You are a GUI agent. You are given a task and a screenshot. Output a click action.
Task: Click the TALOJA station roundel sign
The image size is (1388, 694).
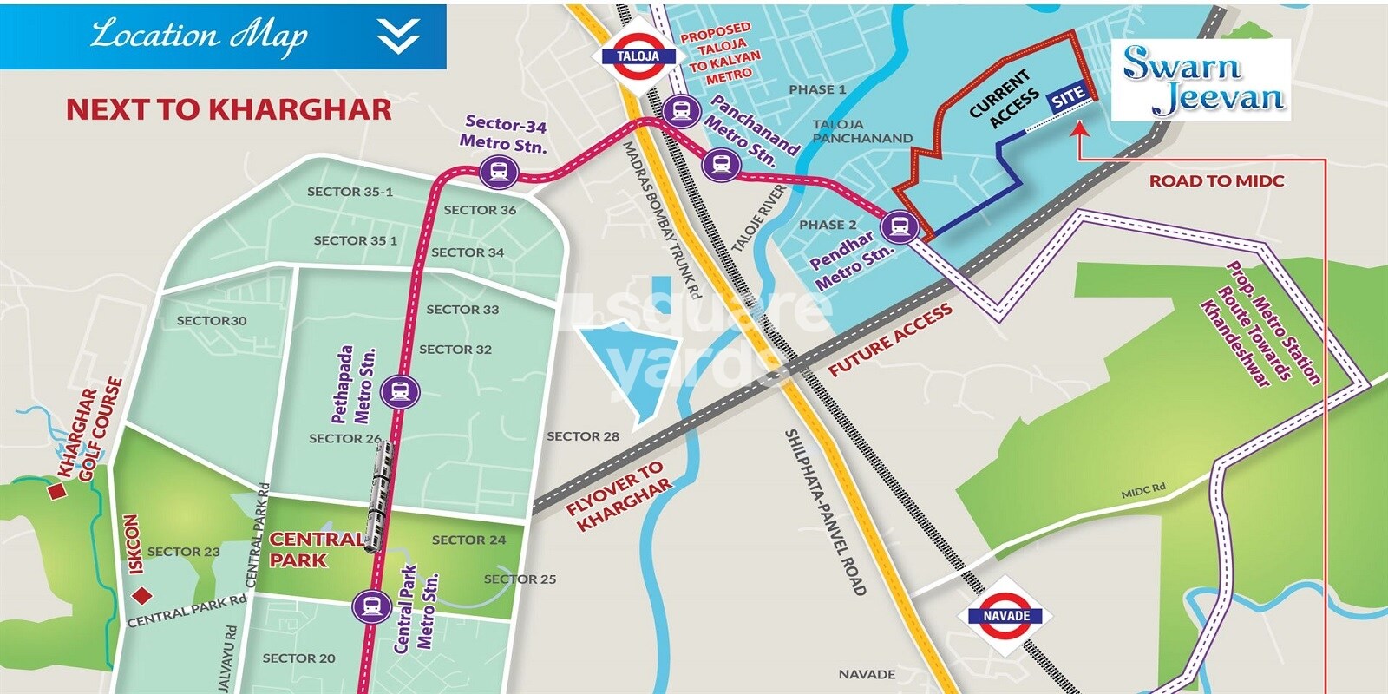tap(638, 56)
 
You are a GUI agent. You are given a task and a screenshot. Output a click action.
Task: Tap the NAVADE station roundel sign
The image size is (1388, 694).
tap(1006, 616)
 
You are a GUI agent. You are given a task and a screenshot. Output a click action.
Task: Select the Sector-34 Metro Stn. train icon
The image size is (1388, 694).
tap(499, 171)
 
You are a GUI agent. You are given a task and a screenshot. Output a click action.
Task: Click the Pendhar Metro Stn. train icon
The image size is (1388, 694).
tap(900, 227)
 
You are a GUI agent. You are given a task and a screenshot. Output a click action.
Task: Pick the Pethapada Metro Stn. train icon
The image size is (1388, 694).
tap(400, 392)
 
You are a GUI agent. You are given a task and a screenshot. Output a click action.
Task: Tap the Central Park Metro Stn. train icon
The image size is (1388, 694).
tap(372, 606)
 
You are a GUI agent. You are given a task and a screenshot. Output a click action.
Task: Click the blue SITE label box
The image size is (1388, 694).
tap(1067, 96)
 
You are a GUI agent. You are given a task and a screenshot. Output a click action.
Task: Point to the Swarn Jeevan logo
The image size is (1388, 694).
tap(1202, 80)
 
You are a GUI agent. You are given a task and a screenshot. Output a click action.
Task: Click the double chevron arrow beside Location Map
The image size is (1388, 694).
tap(398, 36)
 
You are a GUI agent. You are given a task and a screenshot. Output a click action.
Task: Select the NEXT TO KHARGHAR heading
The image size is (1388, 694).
tap(229, 110)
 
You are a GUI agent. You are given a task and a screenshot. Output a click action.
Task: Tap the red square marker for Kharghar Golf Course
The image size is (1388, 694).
tap(57, 492)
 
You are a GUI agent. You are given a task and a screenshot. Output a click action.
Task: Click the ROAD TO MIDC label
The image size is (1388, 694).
tap(1216, 181)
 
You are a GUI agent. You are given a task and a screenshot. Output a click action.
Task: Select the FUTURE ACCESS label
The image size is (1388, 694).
tap(890, 340)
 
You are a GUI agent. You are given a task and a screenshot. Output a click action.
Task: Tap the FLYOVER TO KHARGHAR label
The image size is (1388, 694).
tap(619, 496)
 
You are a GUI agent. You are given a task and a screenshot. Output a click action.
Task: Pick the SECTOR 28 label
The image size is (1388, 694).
tap(583, 436)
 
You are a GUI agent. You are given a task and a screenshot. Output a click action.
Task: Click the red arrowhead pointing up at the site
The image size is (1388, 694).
tap(1078, 129)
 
